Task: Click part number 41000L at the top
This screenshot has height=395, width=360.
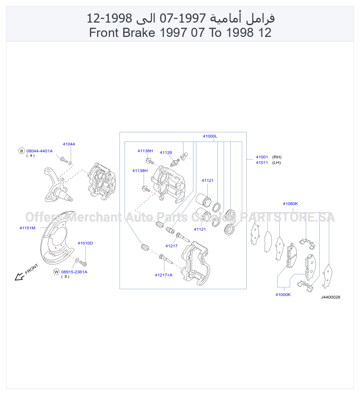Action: (209, 136)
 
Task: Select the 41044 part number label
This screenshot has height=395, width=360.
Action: (69, 144)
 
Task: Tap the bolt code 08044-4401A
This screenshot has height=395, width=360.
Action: (39, 151)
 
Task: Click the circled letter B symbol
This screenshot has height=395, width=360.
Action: (22, 151)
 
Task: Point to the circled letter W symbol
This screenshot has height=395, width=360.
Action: (56, 272)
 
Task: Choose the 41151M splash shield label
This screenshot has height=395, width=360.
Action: (27, 228)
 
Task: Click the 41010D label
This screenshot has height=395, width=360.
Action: (85, 243)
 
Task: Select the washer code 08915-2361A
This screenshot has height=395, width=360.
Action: (74, 272)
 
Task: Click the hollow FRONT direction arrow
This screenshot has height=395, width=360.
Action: (19, 276)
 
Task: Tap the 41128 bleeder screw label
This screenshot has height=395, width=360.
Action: (166, 152)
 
